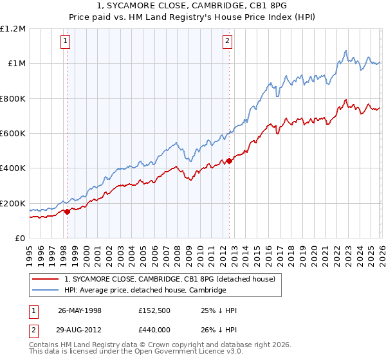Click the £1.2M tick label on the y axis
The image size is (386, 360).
13,28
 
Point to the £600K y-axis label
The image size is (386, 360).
13,133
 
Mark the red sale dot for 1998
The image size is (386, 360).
68,212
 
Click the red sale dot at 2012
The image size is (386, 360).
230,161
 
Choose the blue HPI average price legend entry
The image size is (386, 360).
145,290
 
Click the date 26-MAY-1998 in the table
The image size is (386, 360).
80,310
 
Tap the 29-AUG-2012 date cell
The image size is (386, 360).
80,329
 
